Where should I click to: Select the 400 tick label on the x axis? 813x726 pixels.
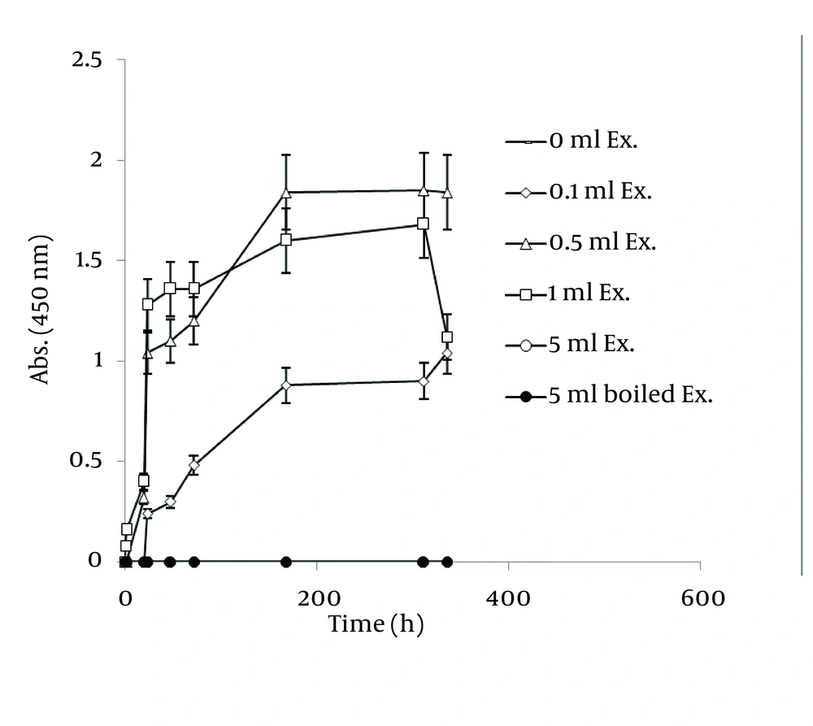pos(508,598)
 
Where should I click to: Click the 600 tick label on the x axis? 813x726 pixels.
pos(700,598)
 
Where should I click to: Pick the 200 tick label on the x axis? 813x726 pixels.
pos(317,598)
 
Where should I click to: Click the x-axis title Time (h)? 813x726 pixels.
pos(376,624)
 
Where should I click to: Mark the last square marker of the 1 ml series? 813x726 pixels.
pos(447,337)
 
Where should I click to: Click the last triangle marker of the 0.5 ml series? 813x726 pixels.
pos(447,193)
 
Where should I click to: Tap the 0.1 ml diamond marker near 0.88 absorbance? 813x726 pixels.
pos(286,385)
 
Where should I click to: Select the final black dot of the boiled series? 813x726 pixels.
pos(447,561)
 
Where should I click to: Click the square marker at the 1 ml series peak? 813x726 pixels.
pos(423,224)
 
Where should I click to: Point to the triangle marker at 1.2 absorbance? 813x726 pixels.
pos(194,320)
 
